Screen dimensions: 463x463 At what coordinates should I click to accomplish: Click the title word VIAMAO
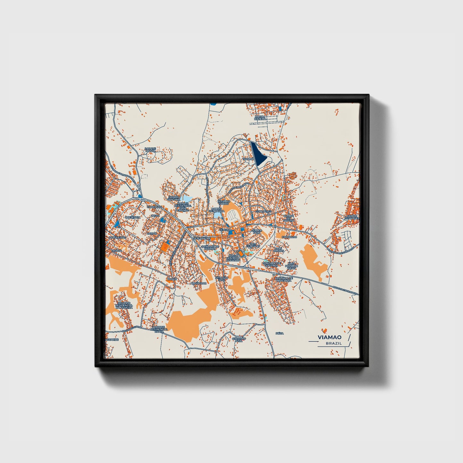[329, 337]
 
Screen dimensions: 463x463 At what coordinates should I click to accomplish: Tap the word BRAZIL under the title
[334, 343]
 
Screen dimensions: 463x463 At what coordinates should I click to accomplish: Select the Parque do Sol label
[150, 149]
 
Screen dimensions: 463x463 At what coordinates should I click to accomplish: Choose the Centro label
[224, 230]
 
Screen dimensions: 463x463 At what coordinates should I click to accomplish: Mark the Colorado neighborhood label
[289, 237]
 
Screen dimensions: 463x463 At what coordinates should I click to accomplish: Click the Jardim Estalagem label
[352, 217]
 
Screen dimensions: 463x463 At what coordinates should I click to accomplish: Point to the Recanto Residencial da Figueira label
[125, 305]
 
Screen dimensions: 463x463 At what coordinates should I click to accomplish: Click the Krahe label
[172, 279]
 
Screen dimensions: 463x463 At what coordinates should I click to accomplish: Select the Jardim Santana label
[174, 198]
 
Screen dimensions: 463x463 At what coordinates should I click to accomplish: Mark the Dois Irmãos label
[279, 250]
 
